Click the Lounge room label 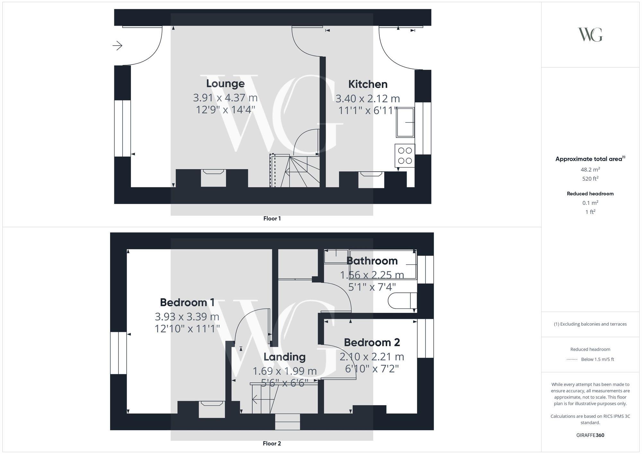pyautogui.click(x=225, y=83)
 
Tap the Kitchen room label pyautogui.click(x=368, y=84)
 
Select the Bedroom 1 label pyautogui.click(x=187, y=302)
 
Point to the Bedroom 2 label pyautogui.click(x=372, y=342)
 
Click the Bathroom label pyautogui.click(x=372, y=261)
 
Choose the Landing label pyautogui.click(x=284, y=357)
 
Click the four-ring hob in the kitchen pyautogui.click(x=405, y=156)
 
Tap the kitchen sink pyautogui.click(x=405, y=122)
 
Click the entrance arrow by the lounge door pyautogui.click(x=117, y=46)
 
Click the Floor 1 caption pyautogui.click(x=272, y=218)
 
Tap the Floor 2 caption pyautogui.click(x=272, y=443)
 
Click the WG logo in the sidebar pyautogui.click(x=590, y=35)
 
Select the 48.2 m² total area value pyautogui.click(x=590, y=169)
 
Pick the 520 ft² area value pyautogui.click(x=590, y=179)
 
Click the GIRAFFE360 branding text pyautogui.click(x=590, y=435)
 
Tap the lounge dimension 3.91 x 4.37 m pyautogui.click(x=225, y=98)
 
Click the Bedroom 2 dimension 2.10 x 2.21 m pyautogui.click(x=372, y=356)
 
